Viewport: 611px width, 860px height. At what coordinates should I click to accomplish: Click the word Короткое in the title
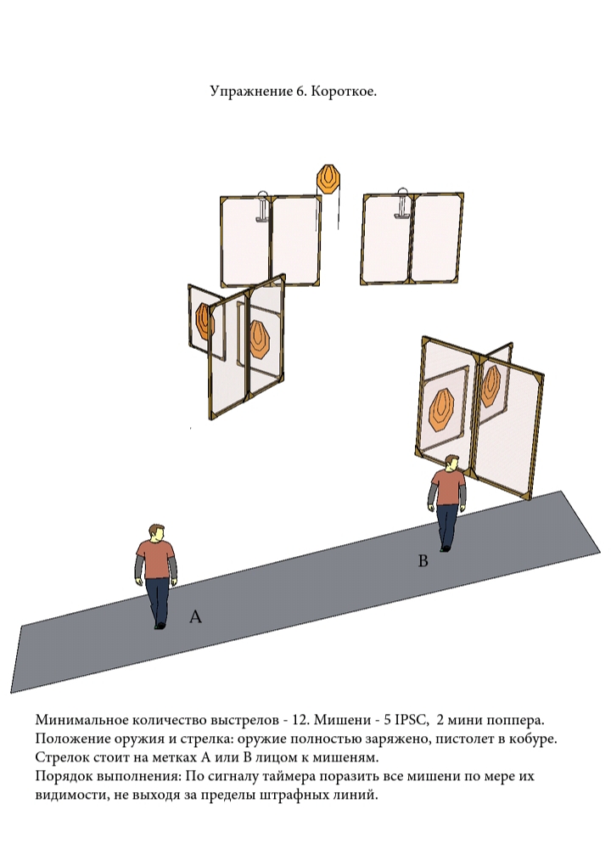(344, 91)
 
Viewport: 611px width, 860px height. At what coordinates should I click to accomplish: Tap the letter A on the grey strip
(195, 616)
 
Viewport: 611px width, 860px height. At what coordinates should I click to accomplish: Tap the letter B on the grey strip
(423, 561)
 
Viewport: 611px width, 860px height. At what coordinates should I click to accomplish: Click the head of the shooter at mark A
(156, 533)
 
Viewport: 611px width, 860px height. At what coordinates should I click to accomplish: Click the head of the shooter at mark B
(452, 463)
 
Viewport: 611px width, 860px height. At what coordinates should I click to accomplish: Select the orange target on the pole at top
(328, 179)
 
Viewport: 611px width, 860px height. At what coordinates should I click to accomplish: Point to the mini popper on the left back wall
(263, 206)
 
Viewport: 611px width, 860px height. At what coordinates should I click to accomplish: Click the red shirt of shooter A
(156, 559)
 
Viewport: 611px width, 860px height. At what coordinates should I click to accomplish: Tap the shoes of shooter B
(445, 548)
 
